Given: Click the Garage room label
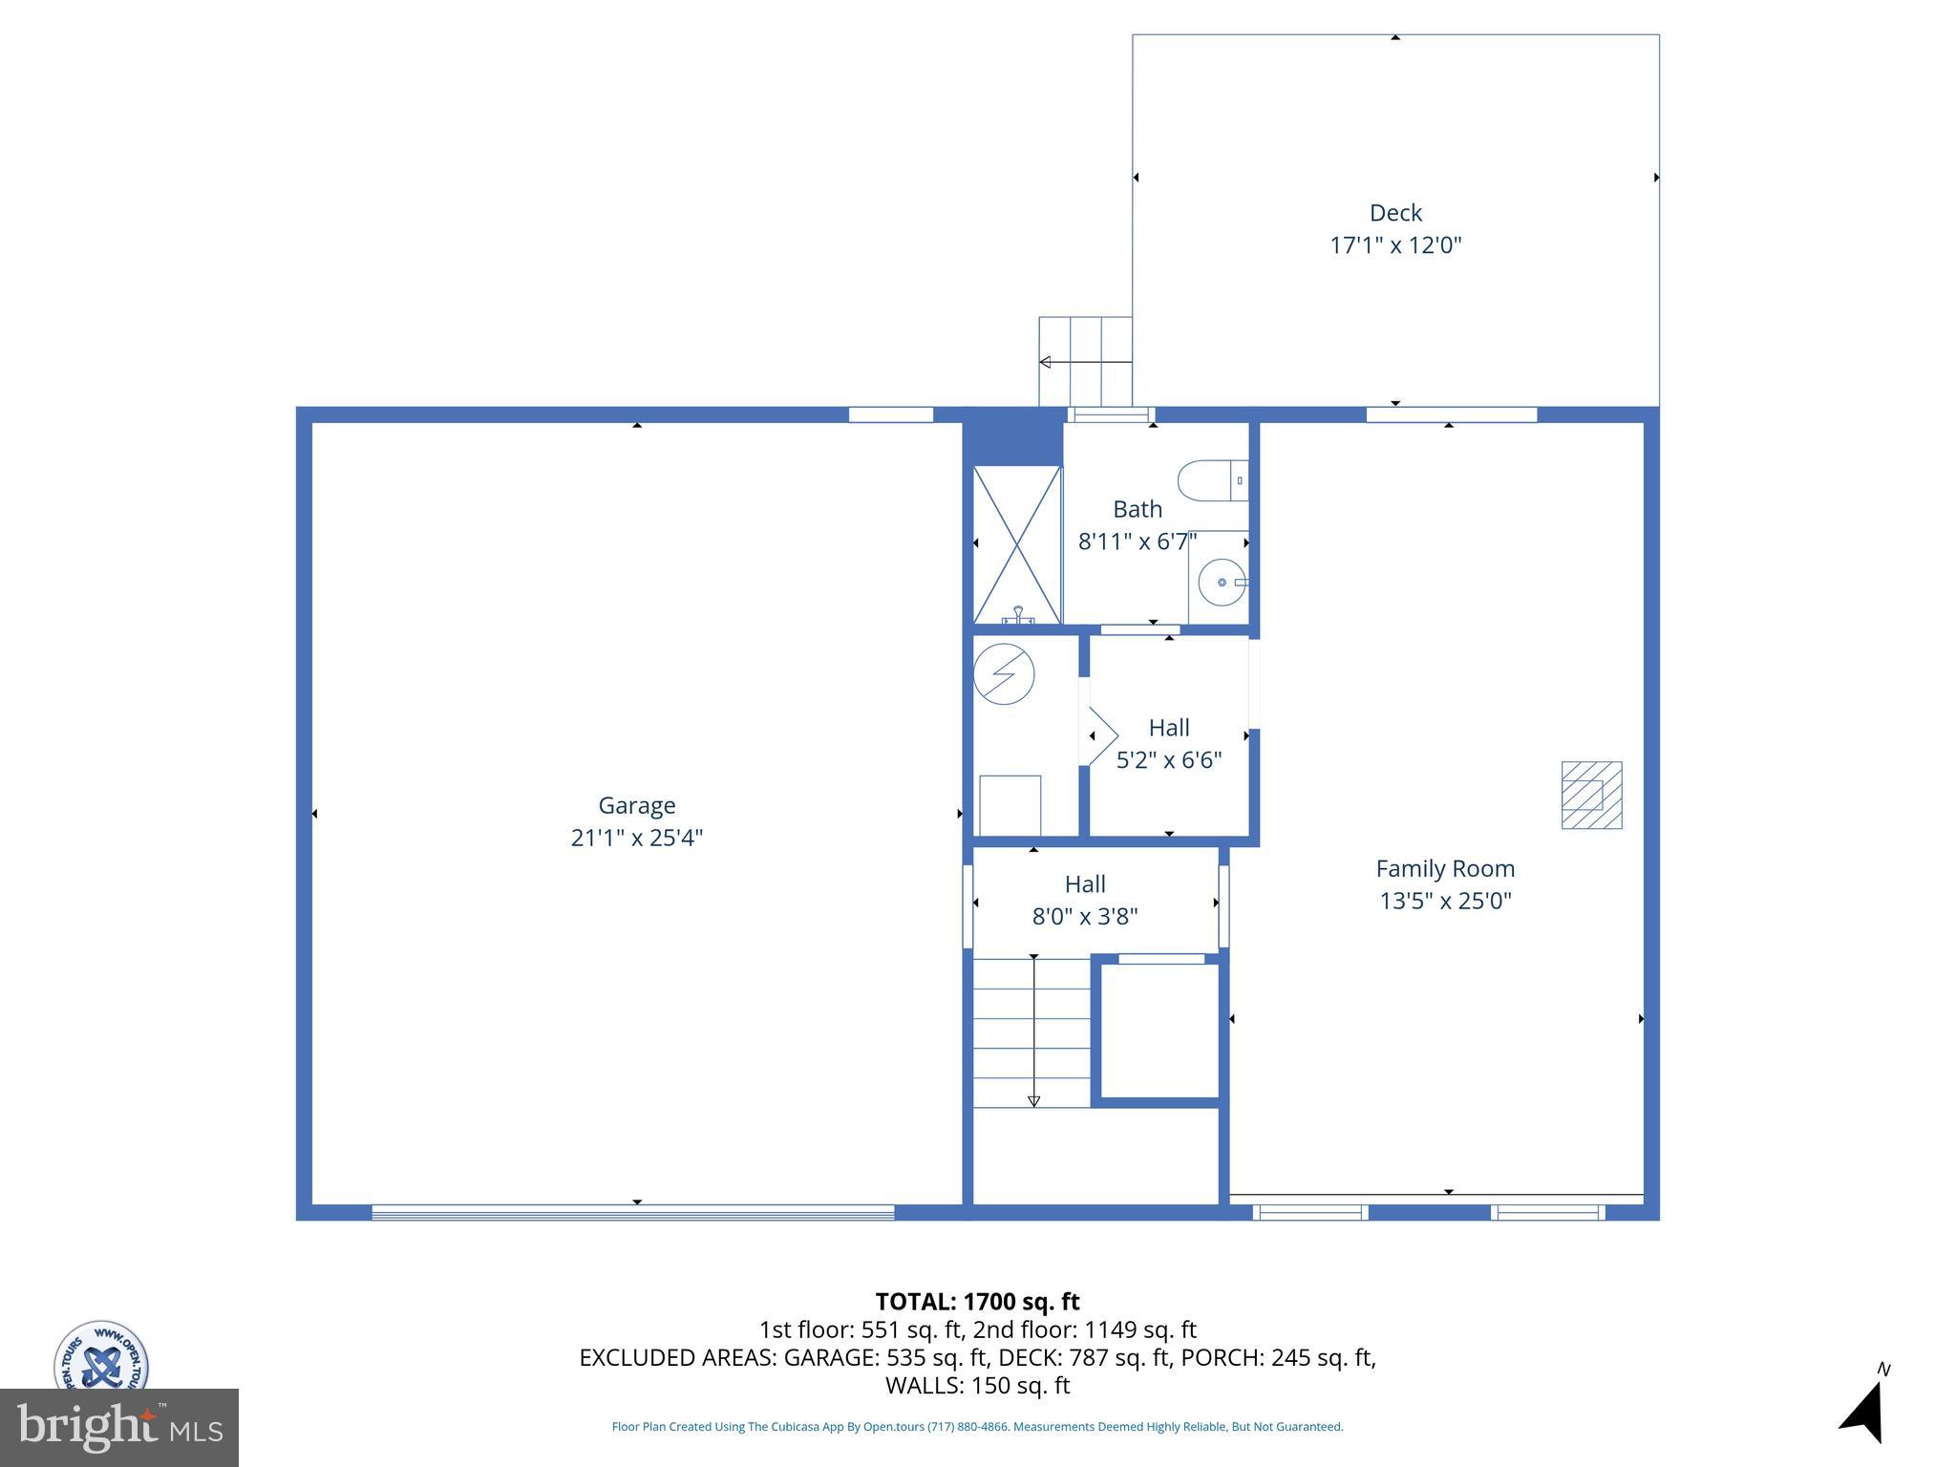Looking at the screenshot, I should [x=636, y=805].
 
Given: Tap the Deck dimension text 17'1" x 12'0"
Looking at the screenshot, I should [x=1395, y=245].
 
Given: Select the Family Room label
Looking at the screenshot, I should [x=1445, y=868].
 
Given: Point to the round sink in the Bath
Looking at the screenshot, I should [x=1222, y=582].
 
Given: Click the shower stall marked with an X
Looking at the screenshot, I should [x=1017, y=544].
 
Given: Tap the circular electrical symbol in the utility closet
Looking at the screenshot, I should [x=1004, y=674].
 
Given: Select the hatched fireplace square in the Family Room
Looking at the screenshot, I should [x=1591, y=795].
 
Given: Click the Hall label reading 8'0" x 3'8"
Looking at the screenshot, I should [x=1085, y=916].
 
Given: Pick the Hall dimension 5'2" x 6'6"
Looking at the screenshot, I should [x=1169, y=760].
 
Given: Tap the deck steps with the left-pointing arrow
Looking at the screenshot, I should [x=1085, y=362].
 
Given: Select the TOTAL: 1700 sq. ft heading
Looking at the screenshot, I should [x=977, y=1301].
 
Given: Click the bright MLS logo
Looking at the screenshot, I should [x=119, y=1428].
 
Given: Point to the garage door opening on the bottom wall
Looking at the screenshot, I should [x=632, y=1212].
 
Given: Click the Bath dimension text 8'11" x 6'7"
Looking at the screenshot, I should [x=1137, y=542].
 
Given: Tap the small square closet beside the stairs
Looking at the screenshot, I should [x=1159, y=1031].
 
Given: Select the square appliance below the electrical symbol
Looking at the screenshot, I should [x=1010, y=805].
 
